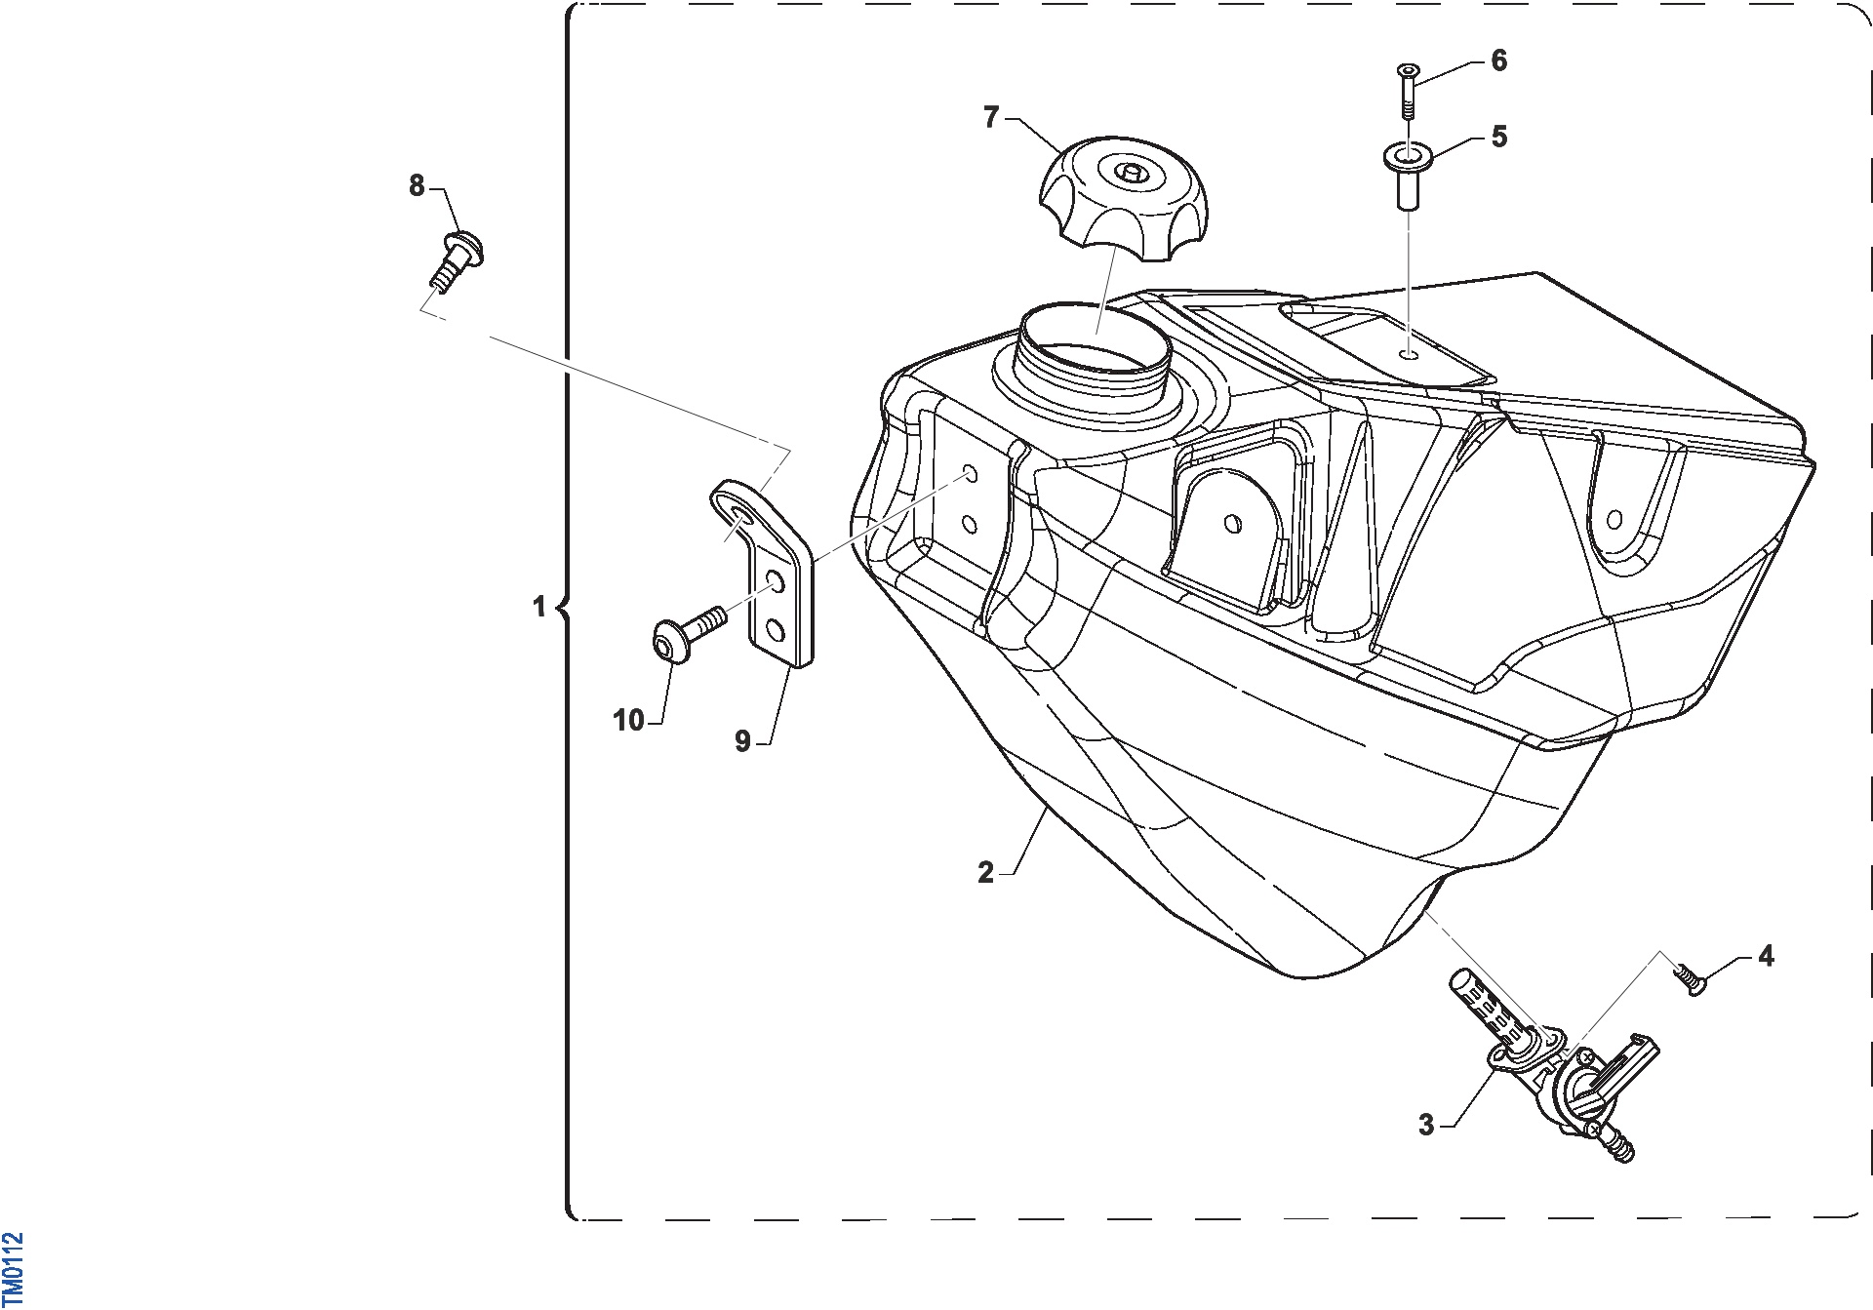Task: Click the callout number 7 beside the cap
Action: (991, 118)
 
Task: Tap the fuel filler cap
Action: (1124, 198)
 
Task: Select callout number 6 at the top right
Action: (1499, 60)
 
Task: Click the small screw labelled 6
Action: (1408, 91)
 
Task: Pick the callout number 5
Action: (1499, 137)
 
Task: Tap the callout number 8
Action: (417, 185)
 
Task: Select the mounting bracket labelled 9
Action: (771, 576)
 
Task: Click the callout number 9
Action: (742, 741)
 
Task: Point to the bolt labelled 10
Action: (688, 632)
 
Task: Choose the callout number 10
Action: (628, 721)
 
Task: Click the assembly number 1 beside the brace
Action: (538, 607)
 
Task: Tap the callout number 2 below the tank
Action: (985, 872)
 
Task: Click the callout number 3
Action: (1426, 1125)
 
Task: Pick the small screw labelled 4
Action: (1692, 980)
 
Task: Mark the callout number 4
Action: (1766, 956)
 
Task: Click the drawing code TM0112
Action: (13, 1268)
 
